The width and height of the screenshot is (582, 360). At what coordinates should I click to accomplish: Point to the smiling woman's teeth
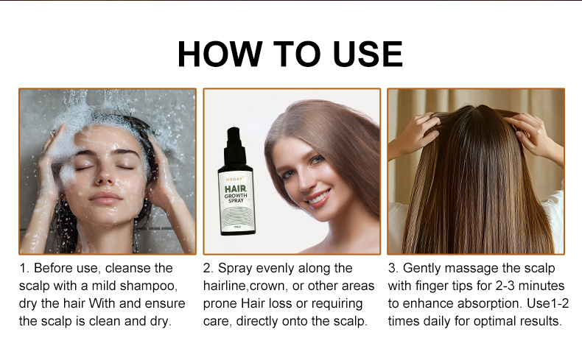pos(318,197)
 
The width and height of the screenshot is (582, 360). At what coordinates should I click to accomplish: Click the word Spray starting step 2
pos(236,268)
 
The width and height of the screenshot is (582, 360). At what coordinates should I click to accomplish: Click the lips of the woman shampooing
pos(105,199)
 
